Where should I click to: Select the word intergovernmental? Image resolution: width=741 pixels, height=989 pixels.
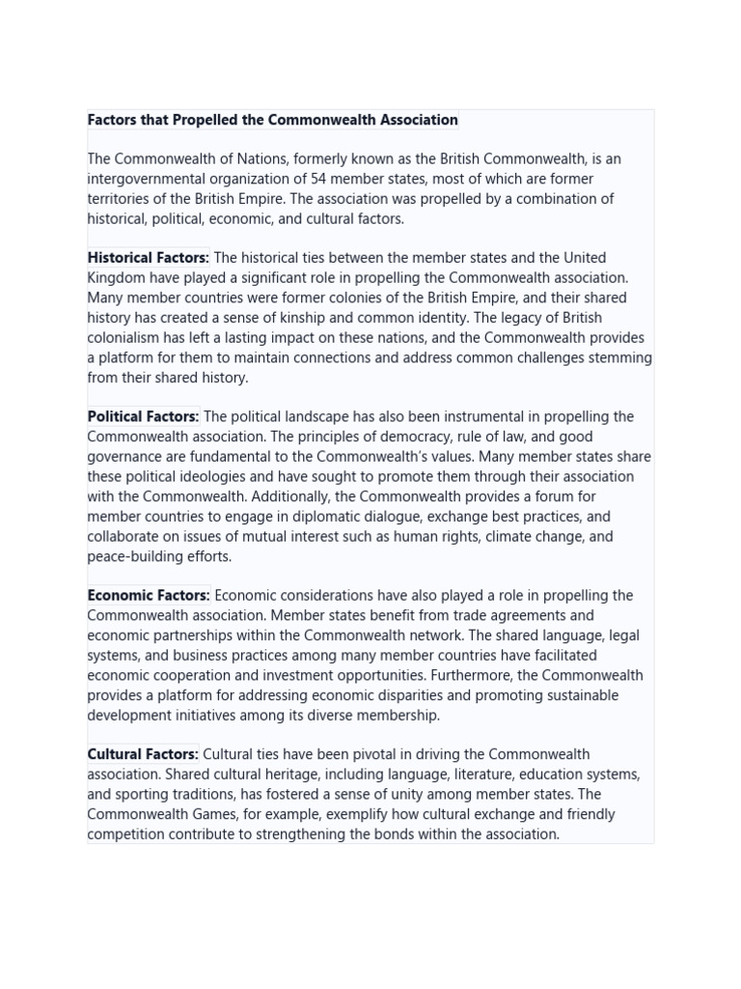147,179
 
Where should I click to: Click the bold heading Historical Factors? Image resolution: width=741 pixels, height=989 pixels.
148,258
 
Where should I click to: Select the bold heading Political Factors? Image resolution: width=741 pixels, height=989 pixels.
143,417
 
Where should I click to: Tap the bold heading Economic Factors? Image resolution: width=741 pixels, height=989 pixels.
149,596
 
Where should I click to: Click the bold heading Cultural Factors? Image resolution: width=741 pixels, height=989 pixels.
143,754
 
